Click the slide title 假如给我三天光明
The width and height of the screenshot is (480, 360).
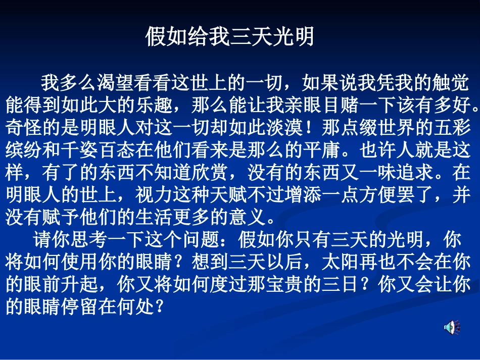coord(230,37)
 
